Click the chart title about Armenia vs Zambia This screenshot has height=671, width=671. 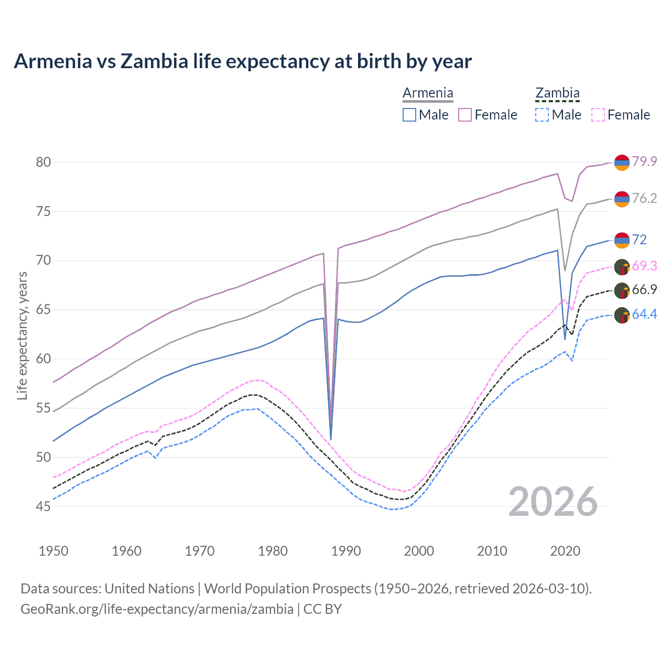243,61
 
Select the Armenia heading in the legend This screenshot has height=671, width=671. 428,93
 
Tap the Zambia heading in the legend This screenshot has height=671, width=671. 557,93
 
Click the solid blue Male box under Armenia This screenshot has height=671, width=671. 409,115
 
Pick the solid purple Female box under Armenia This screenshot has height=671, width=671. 465,115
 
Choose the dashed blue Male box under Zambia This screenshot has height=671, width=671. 542,115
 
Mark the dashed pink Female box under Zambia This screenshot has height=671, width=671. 598,115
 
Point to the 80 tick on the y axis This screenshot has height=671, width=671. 44,162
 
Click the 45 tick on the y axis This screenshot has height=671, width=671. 44,506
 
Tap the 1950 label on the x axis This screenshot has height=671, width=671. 53,551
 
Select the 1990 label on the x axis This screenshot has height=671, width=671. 346,551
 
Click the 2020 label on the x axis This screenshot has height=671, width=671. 565,551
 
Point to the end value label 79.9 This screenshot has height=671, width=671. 644,161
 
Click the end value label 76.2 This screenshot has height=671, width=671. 644,198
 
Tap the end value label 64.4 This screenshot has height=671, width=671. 644,314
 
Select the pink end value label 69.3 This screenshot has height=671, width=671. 644,266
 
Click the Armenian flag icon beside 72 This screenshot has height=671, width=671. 622,240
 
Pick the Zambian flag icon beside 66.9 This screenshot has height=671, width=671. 622,290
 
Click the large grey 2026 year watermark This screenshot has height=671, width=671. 553,502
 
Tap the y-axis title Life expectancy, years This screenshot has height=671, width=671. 22,336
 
